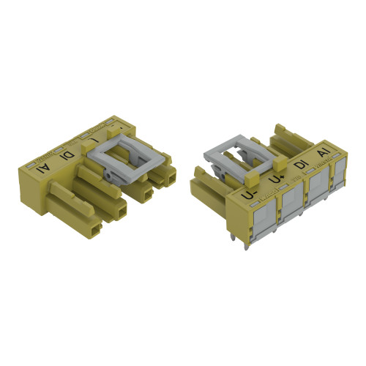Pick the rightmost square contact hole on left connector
pyautogui.click(x=171, y=177)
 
